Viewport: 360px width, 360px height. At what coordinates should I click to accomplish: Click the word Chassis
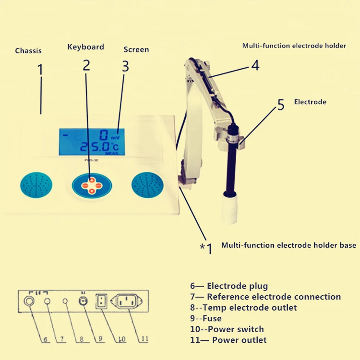pos(28,50)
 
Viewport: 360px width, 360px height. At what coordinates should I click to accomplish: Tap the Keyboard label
pos(85,47)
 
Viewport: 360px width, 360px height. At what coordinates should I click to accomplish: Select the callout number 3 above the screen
pos(125,67)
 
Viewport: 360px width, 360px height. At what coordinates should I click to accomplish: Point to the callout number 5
pos(281,105)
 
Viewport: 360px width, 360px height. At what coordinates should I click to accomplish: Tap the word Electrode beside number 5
pos(310,102)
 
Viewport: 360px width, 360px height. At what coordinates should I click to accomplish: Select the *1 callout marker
pos(205,249)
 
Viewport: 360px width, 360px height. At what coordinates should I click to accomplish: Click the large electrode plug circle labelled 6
pos(29,301)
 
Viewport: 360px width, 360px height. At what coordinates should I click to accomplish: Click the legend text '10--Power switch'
pos(227,329)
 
